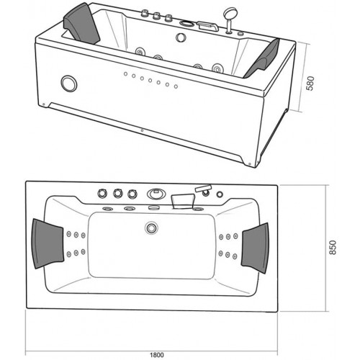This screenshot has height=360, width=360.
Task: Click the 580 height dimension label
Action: (311, 84)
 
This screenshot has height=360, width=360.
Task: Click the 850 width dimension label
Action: (333, 248)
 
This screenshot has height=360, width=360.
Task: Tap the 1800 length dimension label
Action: (157, 355)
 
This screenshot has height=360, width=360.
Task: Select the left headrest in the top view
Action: (48, 243)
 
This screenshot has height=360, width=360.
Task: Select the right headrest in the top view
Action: (256, 248)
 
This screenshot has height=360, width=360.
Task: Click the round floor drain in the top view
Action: (151, 228)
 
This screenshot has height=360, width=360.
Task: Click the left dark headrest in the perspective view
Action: (81, 23)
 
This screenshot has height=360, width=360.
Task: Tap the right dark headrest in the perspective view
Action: (263, 59)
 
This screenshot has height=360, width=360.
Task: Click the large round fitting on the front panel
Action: (69, 84)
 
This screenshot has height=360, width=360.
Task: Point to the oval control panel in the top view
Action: (156, 194)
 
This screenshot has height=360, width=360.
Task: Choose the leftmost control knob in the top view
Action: (102, 193)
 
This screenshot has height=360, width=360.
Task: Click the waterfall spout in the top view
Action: (182, 201)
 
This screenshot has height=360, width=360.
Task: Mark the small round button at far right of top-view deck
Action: (220, 194)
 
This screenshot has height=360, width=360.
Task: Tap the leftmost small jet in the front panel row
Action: (125, 74)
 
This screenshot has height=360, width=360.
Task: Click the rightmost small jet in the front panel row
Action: (176, 86)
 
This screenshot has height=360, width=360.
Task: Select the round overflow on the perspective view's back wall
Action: (181, 37)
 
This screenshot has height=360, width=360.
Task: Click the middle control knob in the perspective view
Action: (156, 17)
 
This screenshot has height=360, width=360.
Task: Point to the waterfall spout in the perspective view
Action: (208, 26)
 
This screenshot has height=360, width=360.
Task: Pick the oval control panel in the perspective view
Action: (186, 24)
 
